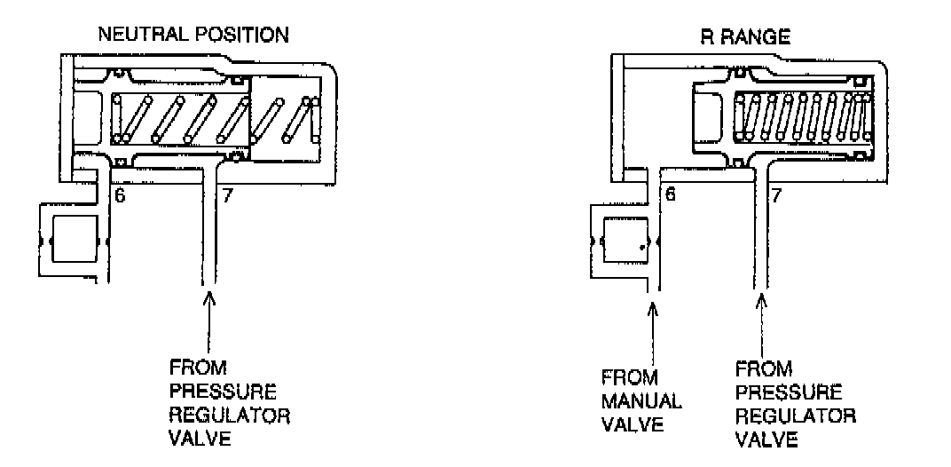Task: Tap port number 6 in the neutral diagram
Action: tap(120, 195)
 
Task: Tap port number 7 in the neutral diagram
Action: tap(228, 195)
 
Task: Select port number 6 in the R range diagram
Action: tap(672, 193)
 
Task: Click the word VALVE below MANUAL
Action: tap(633, 424)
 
